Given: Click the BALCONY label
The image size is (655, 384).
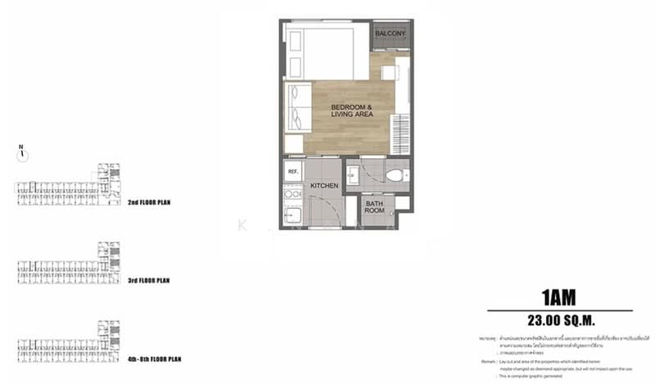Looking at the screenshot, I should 391,34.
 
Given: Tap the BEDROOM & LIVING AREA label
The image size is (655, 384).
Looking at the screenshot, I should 352,111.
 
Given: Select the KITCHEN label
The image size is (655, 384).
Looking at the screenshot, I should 325,187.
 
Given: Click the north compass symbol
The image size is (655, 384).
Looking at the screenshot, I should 23,152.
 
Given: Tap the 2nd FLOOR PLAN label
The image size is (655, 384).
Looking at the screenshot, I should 154,201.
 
